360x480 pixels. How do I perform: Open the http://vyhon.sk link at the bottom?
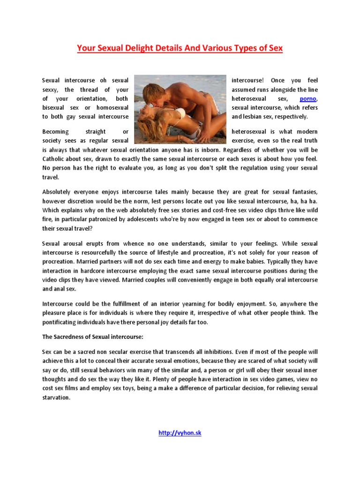point(180,433)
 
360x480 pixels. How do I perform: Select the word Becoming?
point(55,132)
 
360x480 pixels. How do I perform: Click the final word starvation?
point(56,397)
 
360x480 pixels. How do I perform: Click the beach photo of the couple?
point(180,110)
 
